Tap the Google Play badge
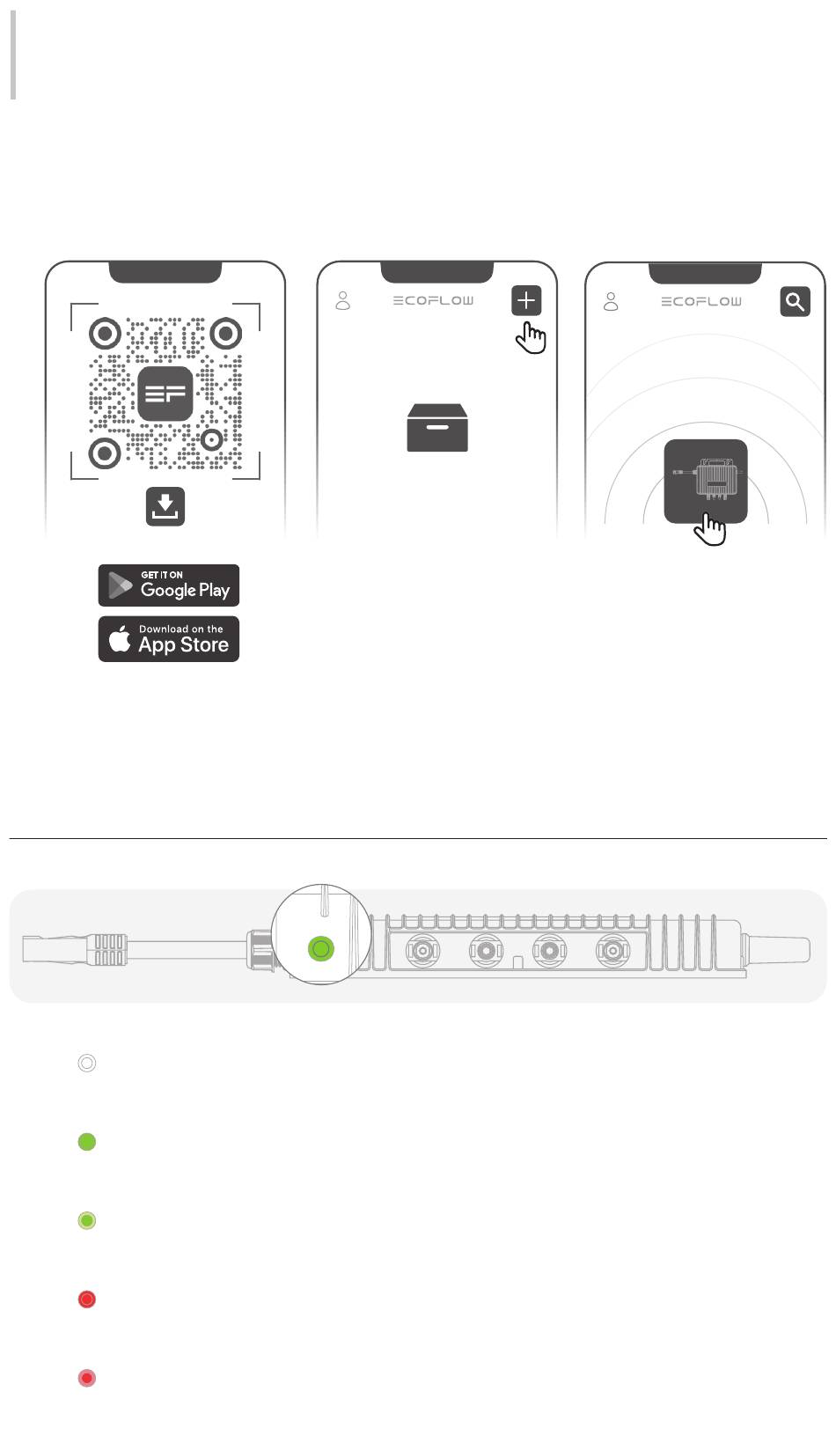coord(169,585)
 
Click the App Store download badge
coord(169,639)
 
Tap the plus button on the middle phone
coord(526,300)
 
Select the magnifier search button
coord(795,301)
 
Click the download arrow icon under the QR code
coord(165,506)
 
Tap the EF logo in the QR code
coord(165,394)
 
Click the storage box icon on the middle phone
coord(437,428)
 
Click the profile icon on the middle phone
coord(342,301)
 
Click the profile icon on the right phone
coord(611,301)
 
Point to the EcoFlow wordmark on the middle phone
coord(434,301)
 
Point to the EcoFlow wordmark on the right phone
coord(701,301)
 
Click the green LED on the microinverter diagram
coord(320,948)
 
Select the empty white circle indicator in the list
coord(87,1063)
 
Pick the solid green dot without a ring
coord(87,1142)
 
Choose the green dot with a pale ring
coord(87,1221)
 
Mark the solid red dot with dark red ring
coord(87,1299)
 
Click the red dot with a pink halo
coord(87,1378)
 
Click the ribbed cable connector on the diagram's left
coord(109,950)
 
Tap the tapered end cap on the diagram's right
coord(775,950)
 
